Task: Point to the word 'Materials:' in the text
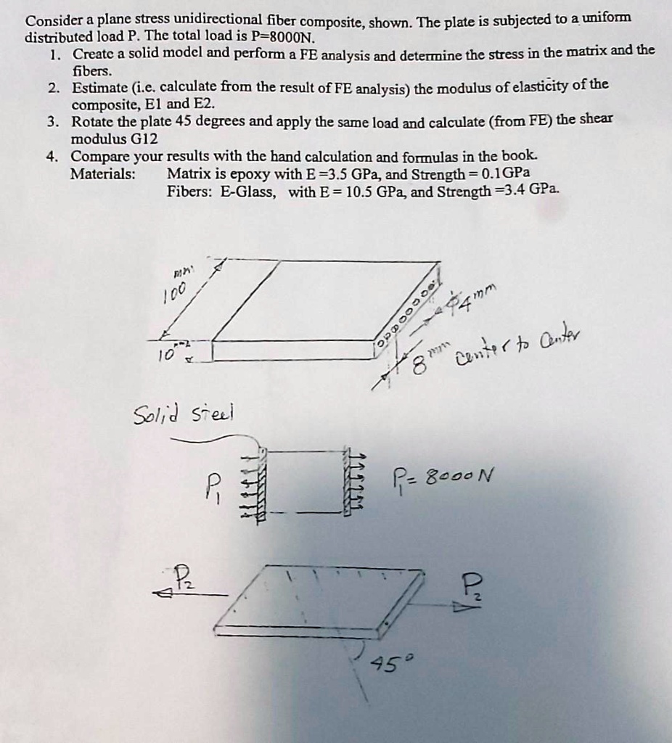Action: coord(102,174)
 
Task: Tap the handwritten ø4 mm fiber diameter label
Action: coord(472,298)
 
